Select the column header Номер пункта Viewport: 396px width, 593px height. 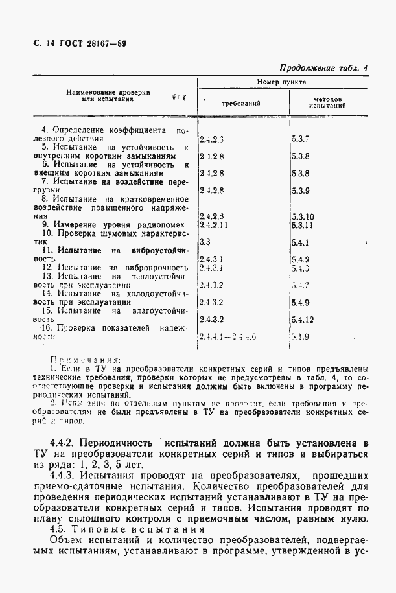[x=281, y=83]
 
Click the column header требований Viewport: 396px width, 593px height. [x=240, y=103]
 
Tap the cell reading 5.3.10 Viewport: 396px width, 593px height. [x=303, y=216]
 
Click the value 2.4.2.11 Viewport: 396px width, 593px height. [x=214, y=225]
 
